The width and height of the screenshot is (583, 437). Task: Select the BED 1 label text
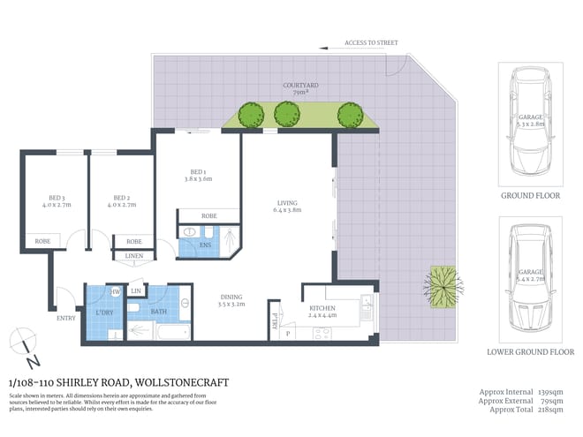[197, 174]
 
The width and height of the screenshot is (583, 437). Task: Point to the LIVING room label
[288, 207]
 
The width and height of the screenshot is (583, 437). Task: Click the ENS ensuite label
[206, 245]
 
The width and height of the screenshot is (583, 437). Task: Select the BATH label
[159, 311]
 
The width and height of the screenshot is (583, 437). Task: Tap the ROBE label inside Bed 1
[209, 215]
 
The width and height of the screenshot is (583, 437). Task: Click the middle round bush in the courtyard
[285, 114]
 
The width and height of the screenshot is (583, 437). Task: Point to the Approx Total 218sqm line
[526, 410]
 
